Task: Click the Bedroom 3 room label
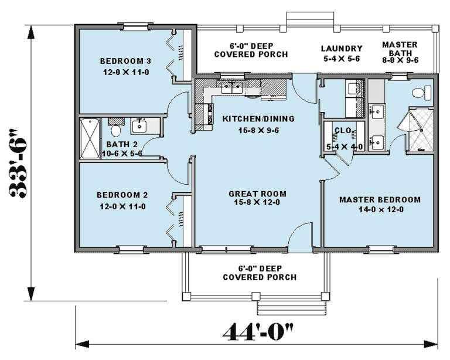point(125,61)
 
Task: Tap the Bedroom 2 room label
point(122,195)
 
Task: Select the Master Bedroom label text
point(380,199)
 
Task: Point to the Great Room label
point(257,194)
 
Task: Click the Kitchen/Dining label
point(258,118)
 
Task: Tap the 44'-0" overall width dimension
point(258,332)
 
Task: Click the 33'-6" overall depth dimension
point(19,163)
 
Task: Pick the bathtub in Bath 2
point(90,138)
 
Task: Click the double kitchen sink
point(232,87)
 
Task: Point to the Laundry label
point(342,49)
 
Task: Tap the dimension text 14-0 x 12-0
point(381,209)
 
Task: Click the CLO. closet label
point(343,131)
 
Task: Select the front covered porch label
point(260,273)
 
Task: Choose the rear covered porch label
point(251,50)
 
